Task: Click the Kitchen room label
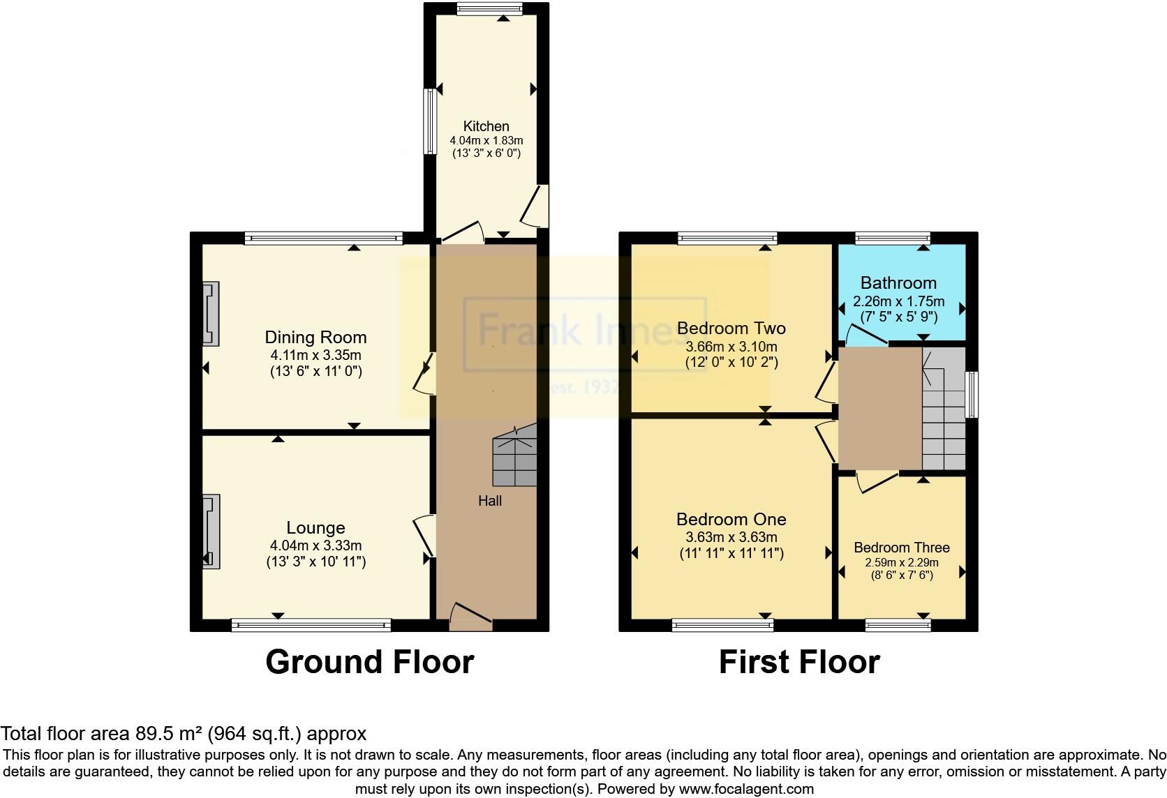coord(486,126)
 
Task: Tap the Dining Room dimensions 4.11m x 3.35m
coord(315,355)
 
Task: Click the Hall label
coord(489,501)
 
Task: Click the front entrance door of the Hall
coord(470,617)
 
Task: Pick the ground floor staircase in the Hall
coord(514,461)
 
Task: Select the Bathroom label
coord(898,283)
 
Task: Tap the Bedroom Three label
coord(901,548)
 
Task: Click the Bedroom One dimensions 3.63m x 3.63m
coord(731,538)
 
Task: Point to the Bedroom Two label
coord(731,328)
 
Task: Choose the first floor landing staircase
coord(943,410)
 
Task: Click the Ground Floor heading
coord(369,662)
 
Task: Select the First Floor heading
coord(799,662)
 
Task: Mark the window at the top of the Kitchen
coord(490,8)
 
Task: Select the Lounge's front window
coord(311,625)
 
